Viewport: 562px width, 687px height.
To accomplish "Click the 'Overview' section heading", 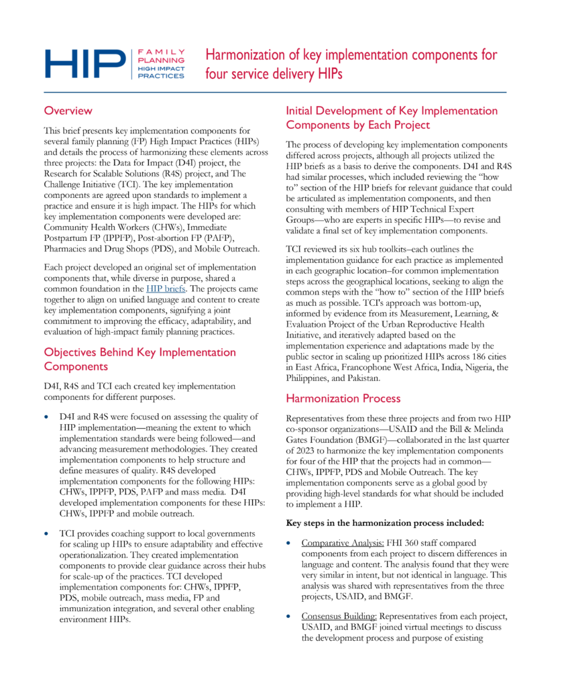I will (68, 111).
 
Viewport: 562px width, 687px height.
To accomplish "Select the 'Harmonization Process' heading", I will (344, 399).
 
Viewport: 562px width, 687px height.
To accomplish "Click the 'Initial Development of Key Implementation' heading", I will (392, 111).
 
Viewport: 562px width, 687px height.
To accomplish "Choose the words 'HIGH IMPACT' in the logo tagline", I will (161, 68).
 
